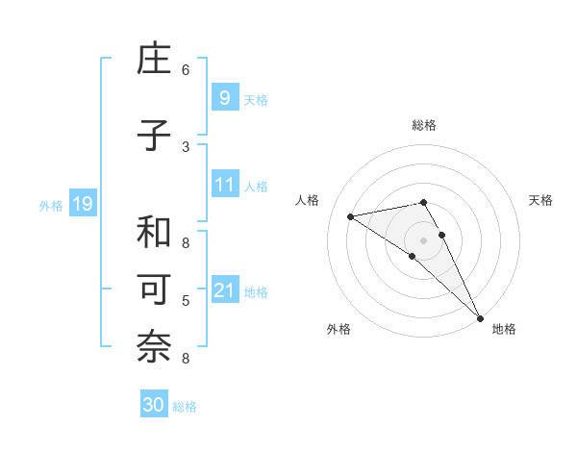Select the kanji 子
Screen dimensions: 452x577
(x=155, y=136)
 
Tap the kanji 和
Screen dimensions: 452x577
(x=155, y=233)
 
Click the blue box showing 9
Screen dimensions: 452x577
(x=224, y=97)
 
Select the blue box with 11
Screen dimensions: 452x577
(x=224, y=185)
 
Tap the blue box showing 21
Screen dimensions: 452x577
(x=224, y=290)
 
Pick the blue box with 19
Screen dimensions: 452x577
(x=82, y=204)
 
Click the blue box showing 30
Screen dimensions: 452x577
(x=154, y=405)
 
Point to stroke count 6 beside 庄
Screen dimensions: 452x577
(x=186, y=70)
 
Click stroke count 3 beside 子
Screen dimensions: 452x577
(x=186, y=147)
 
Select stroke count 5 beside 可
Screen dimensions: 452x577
(x=186, y=302)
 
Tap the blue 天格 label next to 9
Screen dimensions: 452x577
(x=256, y=100)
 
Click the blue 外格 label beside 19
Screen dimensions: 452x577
(x=50, y=206)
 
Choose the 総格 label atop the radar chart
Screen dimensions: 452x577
(x=424, y=125)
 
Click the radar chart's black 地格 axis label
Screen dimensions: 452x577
(x=504, y=329)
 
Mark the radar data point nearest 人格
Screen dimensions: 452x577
(x=351, y=216)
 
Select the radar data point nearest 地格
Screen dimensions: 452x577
(x=480, y=316)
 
